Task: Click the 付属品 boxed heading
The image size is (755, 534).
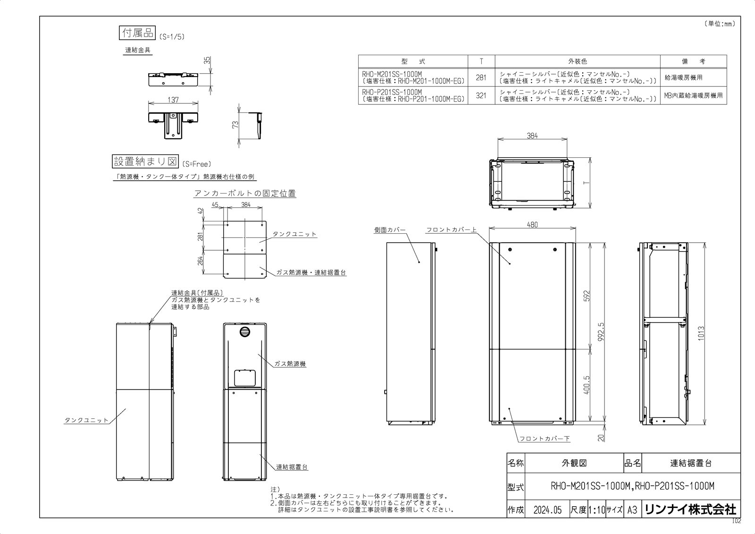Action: tap(136, 33)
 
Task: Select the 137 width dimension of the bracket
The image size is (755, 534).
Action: tap(173, 101)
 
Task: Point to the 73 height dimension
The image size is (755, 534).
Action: tap(235, 125)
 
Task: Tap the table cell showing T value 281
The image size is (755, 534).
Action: tap(481, 77)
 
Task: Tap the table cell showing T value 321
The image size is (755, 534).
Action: tap(481, 95)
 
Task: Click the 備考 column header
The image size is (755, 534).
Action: tap(693, 61)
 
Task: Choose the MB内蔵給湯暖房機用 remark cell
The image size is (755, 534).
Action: tap(693, 95)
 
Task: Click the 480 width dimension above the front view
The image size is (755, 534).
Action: tap(532, 225)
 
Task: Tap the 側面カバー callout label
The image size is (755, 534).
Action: tap(390, 230)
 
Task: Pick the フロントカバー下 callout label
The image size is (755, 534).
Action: tap(545, 439)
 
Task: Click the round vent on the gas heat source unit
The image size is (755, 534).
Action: tap(244, 332)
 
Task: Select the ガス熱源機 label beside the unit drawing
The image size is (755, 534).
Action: tap(290, 364)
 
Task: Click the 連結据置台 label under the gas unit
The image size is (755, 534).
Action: tap(292, 467)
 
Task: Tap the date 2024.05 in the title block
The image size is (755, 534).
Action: tap(547, 510)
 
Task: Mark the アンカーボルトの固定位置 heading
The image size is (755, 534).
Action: tap(245, 193)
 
